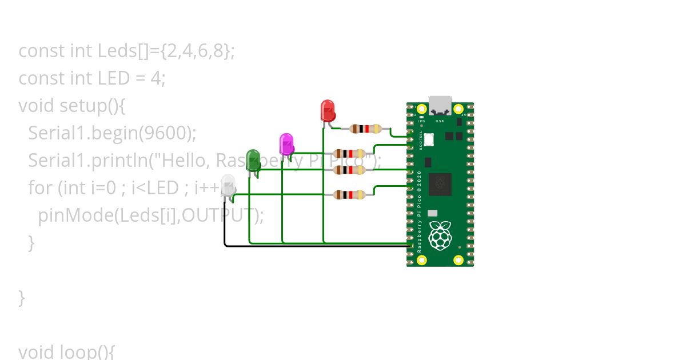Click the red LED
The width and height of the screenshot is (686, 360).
328,110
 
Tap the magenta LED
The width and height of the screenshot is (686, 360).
286,143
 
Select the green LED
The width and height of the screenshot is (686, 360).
253,159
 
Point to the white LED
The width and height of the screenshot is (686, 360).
228,186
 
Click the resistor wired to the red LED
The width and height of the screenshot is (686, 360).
365,129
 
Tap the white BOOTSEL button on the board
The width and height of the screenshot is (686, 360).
429,139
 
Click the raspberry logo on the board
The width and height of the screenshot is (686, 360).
440,237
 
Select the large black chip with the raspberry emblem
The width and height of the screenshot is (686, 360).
440,185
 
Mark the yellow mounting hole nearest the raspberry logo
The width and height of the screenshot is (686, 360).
458,260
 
